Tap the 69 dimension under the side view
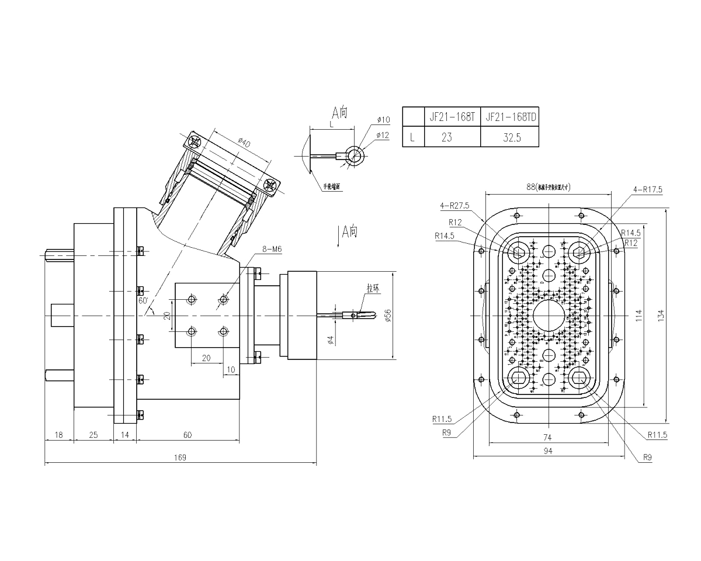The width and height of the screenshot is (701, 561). pos(188,434)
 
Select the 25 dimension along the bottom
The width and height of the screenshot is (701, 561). pos(93,434)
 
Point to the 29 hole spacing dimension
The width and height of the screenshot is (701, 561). pos(206,358)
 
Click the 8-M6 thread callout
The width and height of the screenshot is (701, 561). pos(272,249)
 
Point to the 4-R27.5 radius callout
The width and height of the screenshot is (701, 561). pos(455,204)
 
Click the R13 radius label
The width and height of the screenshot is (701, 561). pos(455,222)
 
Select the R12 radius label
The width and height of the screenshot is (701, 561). pos(646,458)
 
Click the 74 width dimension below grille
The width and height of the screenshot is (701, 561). pos(547,436)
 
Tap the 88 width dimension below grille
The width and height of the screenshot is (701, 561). pos(547,451)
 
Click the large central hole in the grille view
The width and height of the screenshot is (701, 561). pos(548,316)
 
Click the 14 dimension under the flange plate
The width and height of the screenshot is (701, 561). pos(124,434)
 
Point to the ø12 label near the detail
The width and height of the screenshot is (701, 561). pos(383,135)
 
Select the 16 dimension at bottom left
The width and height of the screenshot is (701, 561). pos(58,434)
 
